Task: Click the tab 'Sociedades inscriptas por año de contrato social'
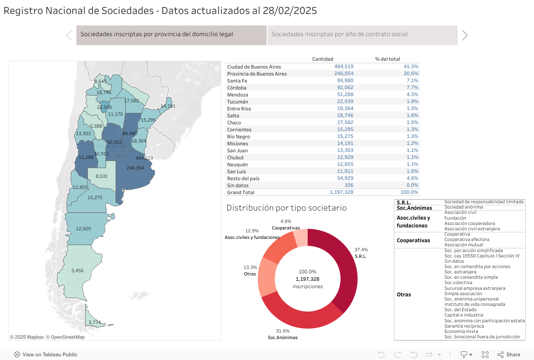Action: [x=339, y=34]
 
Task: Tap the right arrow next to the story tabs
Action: [x=465, y=35]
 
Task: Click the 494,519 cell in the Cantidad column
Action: [x=344, y=66]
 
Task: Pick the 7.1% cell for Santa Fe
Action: [x=412, y=81]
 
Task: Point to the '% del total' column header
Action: [x=387, y=59]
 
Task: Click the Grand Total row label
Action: [x=241, y=193]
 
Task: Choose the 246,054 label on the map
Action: [x=135, y=168]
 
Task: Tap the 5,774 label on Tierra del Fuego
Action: [x=94, y=322]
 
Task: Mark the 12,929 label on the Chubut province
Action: [x=83, y=229]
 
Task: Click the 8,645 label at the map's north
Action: [x=100, y=81]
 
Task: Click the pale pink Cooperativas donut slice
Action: [x=301, y=237]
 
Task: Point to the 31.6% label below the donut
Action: [x=283, y=331]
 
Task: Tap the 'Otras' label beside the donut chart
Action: [x=250, y=274]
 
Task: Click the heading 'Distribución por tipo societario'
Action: [x=286, y=208]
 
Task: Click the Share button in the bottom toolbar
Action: [x=509, y=355]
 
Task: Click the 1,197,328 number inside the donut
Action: [x=307, y=279]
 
